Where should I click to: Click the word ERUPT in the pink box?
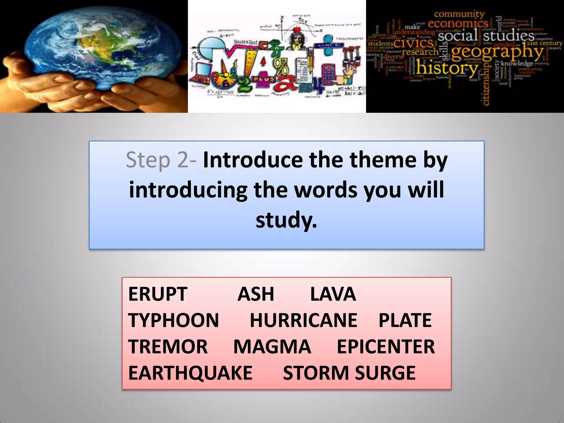point(158,294)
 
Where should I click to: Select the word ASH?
point(256,294)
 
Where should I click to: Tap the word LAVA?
point(333,294)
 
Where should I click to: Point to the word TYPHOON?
point(173,320)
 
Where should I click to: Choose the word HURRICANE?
point(303,320)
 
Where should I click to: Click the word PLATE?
point(405,320)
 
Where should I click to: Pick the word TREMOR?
point(168,346)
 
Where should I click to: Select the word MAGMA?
point(272,346)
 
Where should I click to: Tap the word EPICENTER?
point(386,346)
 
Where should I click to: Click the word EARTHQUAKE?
point(190,373)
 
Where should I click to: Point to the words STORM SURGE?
point(349,373)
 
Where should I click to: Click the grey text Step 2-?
point(161,160)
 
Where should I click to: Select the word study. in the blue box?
point(286,220)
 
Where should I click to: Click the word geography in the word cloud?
point(497,52)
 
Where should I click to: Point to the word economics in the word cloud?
point(458,23)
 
